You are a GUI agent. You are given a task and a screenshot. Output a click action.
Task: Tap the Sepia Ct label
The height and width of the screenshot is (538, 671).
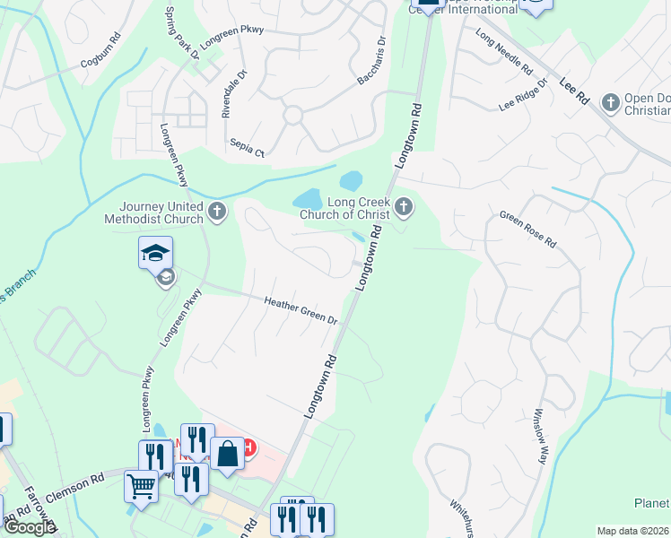[x=247, y=144]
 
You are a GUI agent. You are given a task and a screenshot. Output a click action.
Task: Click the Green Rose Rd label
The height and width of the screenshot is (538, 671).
[x=528, y=230]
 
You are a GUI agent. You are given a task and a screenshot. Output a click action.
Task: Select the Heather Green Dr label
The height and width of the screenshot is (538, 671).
[x=301, y=311]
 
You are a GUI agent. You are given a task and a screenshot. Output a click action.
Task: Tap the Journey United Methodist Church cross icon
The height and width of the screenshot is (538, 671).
[x=216, y=213]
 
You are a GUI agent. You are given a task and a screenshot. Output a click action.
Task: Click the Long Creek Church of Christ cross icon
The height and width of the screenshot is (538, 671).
[x=404, y=209]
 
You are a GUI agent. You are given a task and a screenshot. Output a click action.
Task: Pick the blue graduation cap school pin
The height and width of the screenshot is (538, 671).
[x=155, y=253]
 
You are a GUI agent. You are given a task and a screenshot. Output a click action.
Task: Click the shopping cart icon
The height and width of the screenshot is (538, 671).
[x=141, y=486]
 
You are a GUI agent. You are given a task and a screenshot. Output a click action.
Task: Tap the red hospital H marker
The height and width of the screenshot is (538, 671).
[x=249, y=447]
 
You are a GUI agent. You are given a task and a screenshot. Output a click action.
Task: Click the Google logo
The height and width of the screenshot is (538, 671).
[x=30, y=527]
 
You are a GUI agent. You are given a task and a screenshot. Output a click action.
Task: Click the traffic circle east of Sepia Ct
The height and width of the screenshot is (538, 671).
[x=292, y=115]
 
